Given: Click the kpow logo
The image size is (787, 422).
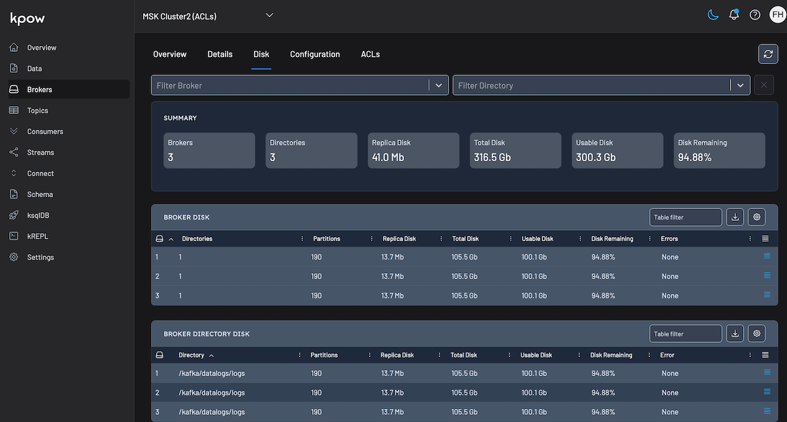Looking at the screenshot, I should pos(28,18).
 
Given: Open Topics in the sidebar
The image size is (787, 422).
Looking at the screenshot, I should pos(37,111).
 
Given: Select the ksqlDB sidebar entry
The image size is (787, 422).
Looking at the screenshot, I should pos(38,216).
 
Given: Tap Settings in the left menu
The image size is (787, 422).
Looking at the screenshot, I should pos(40,258).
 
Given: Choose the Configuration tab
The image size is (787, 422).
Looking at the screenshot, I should pos(315,54).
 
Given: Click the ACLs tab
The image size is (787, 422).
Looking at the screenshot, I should pos(370,54).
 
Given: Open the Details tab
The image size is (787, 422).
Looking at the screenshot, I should pos(220,54).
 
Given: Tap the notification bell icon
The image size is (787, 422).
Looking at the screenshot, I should pos(734,15).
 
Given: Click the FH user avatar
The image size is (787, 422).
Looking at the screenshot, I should pos(777,15).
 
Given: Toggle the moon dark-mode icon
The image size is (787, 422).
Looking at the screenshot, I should pos(713,15).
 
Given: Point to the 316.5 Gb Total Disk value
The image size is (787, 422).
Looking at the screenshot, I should pos(492,157).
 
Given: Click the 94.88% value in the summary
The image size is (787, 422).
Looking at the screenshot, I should pos(695,157).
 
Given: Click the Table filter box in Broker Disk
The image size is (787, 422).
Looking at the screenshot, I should pos(685,217).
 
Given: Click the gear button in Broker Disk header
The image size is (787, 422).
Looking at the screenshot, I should pos(757,217).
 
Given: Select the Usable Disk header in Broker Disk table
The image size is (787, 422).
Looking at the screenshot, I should pos(537,239).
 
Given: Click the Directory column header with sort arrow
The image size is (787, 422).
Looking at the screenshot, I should pos(192,355).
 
